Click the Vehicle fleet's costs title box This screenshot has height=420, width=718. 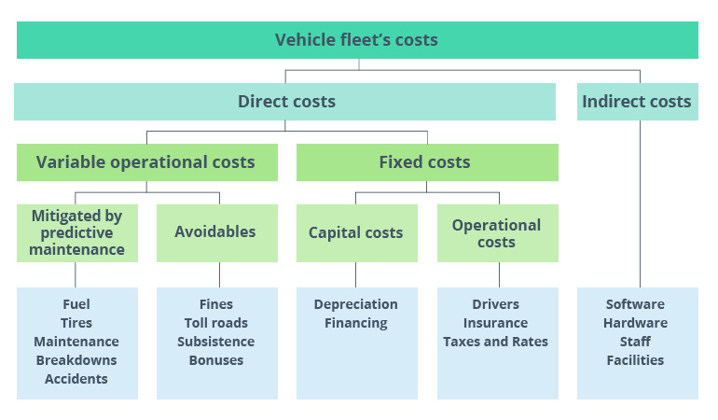[x=357, y=40]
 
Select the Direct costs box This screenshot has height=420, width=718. [x=286, y=102]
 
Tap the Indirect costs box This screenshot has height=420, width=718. [x=637, y=102]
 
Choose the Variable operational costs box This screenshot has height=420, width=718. [x=146, y=162]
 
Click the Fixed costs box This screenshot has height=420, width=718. [x=426, y=162]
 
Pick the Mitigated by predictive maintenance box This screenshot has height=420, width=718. [x=77, y=232]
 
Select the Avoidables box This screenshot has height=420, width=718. [x=215, y=231]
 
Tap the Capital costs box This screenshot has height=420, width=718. [x=356, y=232]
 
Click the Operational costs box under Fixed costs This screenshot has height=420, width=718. [x=496, y=233]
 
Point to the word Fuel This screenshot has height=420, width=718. [x=76, y=304]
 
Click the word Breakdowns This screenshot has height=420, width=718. [x=76, y=360]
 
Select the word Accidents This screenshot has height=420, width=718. [x=76, y=379]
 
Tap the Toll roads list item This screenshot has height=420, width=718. [x=215, y=323]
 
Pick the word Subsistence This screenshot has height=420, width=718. [x=215, y=342]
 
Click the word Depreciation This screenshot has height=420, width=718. [x=356, y=304]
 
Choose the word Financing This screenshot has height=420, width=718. [x=356, y=323]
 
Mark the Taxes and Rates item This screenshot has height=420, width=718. [x=496, y=342]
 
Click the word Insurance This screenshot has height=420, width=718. [x=496, y=323]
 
